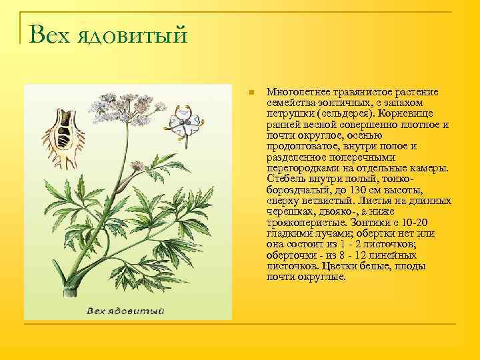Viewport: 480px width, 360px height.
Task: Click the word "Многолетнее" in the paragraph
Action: coord(295,91)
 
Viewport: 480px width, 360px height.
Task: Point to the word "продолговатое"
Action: coord(299,146)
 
